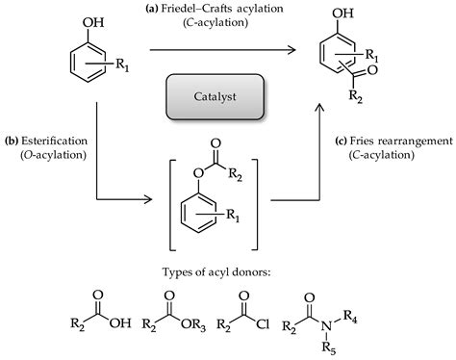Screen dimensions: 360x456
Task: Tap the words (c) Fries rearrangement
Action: (x=395, y=141)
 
